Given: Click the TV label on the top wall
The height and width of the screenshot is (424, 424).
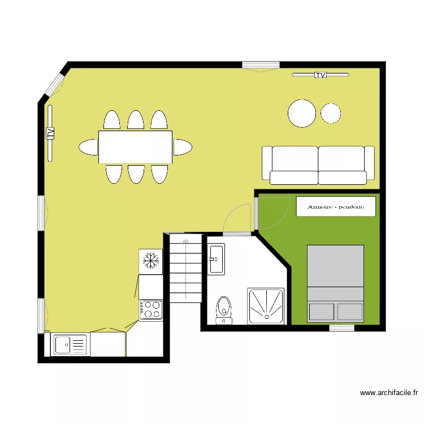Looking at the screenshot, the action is click(x=321, y=75).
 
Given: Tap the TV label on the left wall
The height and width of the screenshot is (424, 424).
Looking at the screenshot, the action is click(x=50, y=133).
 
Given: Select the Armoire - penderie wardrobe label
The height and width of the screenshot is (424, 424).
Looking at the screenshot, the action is click(x=336, y=207).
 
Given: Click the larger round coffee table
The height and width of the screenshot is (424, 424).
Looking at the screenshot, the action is click(x=302, y=113).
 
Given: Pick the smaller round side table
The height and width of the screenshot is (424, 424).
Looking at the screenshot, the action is click(x=331, y=113).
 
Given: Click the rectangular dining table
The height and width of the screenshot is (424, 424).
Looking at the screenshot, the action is click(x=135, y=147).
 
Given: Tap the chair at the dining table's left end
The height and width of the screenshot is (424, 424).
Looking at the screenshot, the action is click(x=88, y=147).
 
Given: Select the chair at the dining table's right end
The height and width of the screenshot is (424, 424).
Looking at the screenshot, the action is click(x=183, y=147).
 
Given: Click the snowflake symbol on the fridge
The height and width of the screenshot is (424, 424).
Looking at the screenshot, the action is click(x=151, y=261).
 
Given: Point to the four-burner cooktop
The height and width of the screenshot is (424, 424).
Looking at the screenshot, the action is click(x=151, y=310).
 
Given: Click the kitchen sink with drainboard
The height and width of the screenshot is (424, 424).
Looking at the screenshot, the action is click(x=70, y=344).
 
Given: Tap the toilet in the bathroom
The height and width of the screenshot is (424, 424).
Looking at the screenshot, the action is click(x=224, y=310).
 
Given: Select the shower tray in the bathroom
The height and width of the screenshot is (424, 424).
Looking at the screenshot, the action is click(x=266, y=306).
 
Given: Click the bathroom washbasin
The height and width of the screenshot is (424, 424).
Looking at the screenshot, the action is click(x=216, y=259).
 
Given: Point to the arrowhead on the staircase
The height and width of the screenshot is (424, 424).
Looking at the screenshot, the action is click(x=185, y=241).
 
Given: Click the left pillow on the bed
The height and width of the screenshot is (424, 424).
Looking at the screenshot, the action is click(x=322, y=311).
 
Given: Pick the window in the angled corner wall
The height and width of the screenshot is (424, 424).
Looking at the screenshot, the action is click(x=54, y=85).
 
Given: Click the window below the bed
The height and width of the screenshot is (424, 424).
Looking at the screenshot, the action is click(x=342, y=328).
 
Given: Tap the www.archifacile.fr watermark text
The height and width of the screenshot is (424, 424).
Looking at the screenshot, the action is click(x=389, y=393).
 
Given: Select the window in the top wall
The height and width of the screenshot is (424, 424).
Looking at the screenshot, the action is click(x=261, y=65).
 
